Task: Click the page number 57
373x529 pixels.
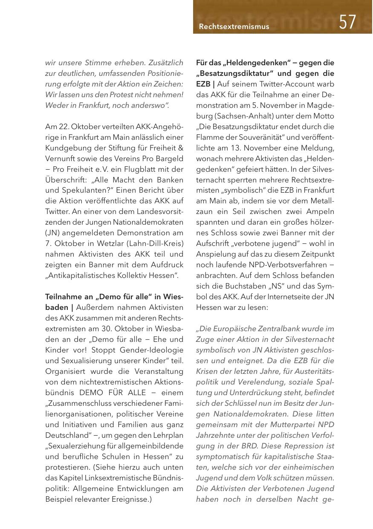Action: [347, 22]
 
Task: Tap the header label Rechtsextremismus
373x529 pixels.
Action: [234, 26]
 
